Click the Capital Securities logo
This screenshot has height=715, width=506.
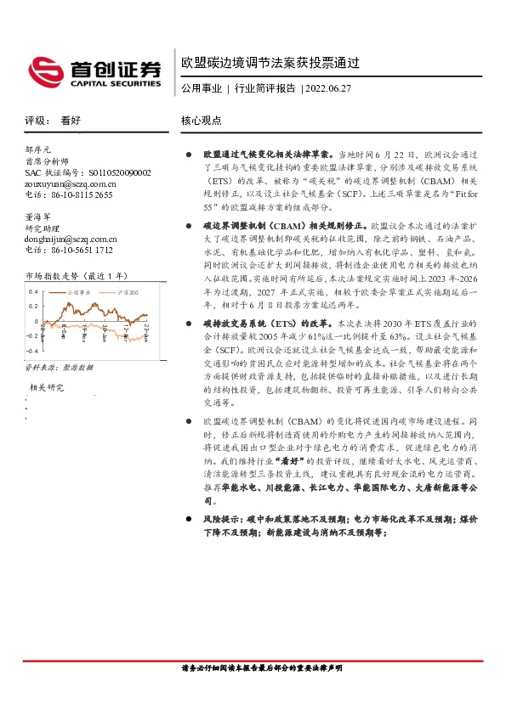coord(94,71)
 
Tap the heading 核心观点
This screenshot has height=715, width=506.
coord(202,121)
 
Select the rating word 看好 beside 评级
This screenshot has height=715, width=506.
coord(71,121)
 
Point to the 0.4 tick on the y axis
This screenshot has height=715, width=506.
coord(34,291)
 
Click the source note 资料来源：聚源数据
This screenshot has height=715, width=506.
coord(59,367)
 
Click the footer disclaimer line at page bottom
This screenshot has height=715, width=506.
coord(253,693)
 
